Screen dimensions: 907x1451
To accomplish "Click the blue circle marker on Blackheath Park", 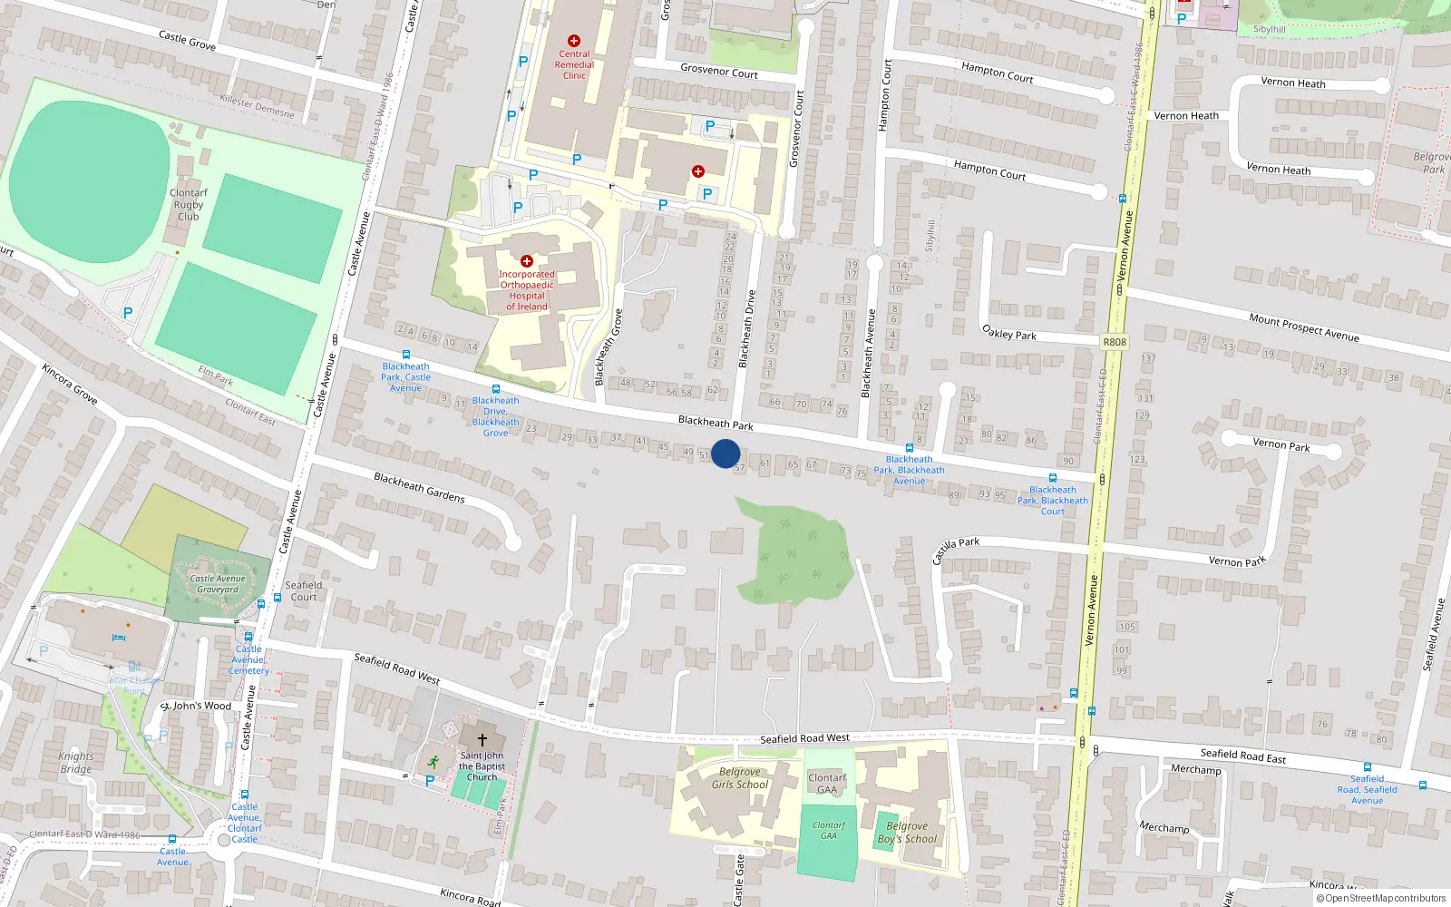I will click(x=725, y=453).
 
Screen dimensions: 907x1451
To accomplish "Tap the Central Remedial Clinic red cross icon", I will click(x=574, y=41).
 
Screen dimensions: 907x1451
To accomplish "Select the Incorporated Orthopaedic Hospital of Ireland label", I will click(x=527, y=290).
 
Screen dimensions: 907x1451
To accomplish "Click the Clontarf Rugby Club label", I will click(x=189, y=204).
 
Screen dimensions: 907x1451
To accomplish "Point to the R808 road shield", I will click(x=1115, y=342).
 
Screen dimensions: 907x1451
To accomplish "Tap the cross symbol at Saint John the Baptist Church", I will click(x=482, y=739).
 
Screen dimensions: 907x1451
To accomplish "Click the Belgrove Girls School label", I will click(x=739, y=778).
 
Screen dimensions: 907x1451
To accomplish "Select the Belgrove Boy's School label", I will click(x=907, y=833).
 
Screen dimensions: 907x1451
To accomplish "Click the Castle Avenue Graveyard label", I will click(x=218, y=584).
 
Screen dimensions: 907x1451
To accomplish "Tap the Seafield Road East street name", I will click(x=1242, y=756).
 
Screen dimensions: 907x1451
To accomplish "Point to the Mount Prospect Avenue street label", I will click(x=1303, y=327).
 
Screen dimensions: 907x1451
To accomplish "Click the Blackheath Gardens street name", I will click(x=419, y=487).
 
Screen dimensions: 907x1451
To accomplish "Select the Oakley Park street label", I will click(x=1009, y=333).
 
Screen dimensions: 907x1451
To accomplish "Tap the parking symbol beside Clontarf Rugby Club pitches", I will click(x=128, y=313).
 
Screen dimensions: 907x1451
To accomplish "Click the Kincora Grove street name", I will click(x=70, y=384).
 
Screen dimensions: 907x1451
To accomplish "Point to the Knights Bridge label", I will click(x=76, y=763).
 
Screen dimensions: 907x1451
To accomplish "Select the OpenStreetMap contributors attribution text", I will click(x=1381, y=899).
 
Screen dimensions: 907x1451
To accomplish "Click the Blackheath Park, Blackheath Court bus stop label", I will click(x=1052, y=501).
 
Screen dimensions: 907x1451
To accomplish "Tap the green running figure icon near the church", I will click(x=433, y=762).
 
